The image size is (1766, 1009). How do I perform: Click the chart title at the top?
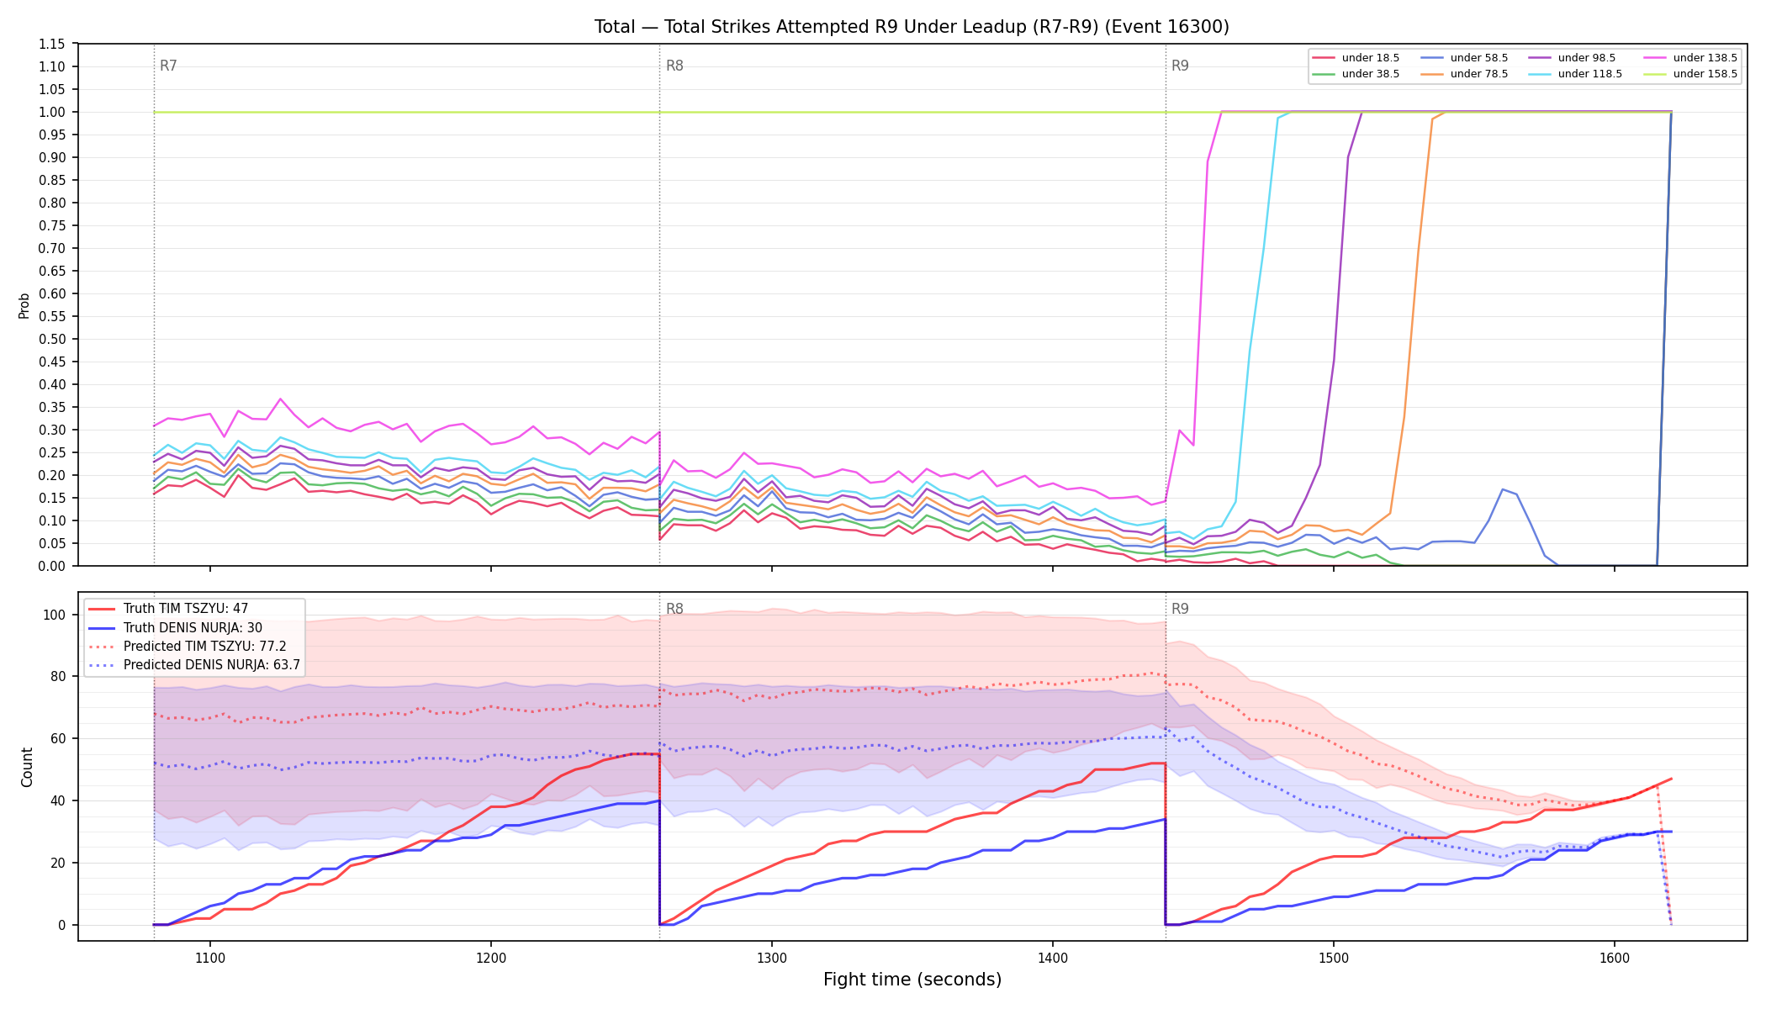(912, 27)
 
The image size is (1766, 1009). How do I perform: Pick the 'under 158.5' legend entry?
(1690, 74)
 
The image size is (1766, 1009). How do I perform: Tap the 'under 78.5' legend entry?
(1464, 74)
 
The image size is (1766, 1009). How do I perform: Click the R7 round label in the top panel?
(168, 66)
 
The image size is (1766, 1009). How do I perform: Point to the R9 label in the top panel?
(1180, 66)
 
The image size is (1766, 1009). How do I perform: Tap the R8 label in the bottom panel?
(674, 609)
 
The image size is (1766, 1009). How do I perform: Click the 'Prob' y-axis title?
(24, 305)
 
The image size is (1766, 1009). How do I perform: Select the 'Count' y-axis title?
(27, 767)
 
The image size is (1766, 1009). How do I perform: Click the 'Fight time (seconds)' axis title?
(912, 980)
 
